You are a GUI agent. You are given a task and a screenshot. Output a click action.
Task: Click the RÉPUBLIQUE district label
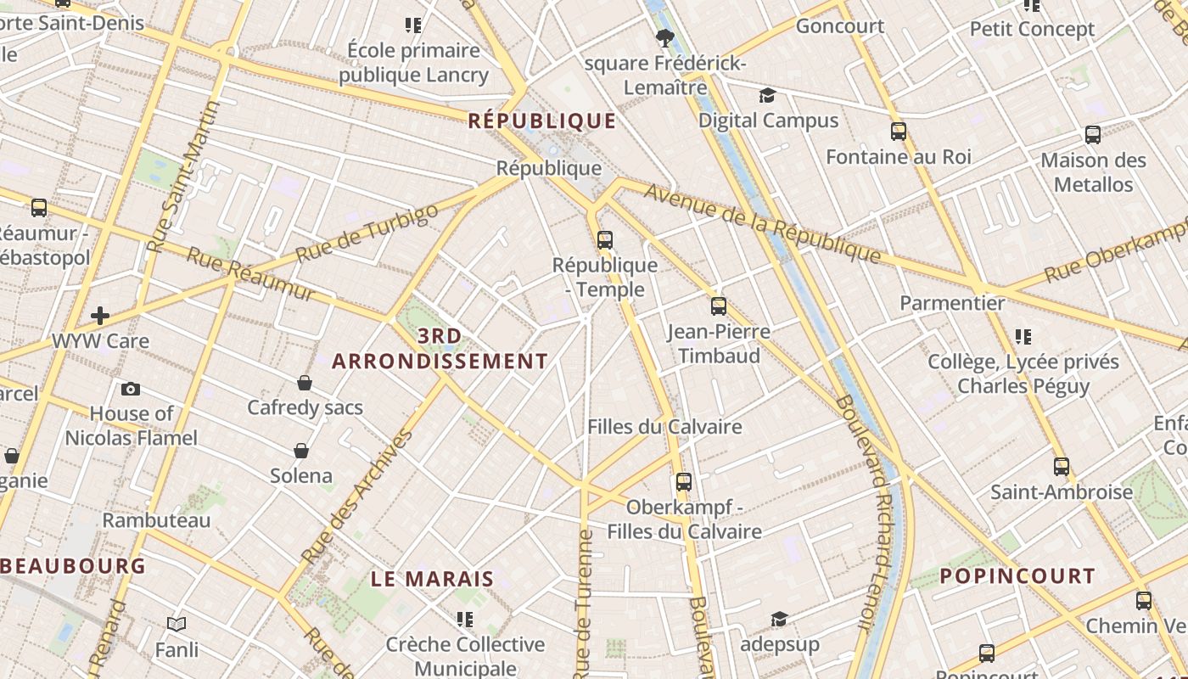pyautogui.click(x=542, y=121)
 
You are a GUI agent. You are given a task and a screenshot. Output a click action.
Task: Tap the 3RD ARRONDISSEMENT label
pyautogui.click(x=440, y=349)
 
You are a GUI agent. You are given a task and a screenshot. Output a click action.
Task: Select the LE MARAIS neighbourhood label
pyautogui.click(x=433, y=580)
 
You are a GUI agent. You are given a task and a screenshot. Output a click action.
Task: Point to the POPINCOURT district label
pyautogui.click(x=1017, y=576)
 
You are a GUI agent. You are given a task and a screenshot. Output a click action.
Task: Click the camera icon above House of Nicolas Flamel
pyautogui.click(x=131, y=389)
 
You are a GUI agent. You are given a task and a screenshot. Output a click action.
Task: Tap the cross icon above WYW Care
pyautogui.click(x=100, y=316)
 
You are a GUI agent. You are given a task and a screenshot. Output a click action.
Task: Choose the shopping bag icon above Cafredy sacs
pyautogui.click(x=305, y=383)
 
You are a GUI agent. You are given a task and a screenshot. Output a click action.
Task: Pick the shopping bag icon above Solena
pyautogui.click(x=300, y=450)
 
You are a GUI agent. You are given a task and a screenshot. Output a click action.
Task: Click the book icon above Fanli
pyautogui.click(x=177, y=625)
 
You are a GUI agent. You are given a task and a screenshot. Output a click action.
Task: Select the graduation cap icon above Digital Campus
pyautogui.click(x=768, y=95)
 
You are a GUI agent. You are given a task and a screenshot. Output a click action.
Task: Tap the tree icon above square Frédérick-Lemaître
pyautogui.click(x=665, y=36)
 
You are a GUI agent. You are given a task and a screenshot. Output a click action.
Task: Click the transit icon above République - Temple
pyautogui.click(x=605, y=240)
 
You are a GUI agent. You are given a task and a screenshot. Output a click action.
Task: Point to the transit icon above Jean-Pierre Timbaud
pyautogui.click(x=719, y=306)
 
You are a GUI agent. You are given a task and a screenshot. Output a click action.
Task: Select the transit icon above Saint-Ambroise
pyautogui.click(x=1062, y=467)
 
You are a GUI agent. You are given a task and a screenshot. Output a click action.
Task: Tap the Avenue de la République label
pyautogui.click(x=762, y=222)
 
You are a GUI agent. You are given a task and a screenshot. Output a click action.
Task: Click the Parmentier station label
pyautogui.click(x=952, y=303)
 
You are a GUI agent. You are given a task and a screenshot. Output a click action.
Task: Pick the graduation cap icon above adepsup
pyautogui.click(x=779, y=620)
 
